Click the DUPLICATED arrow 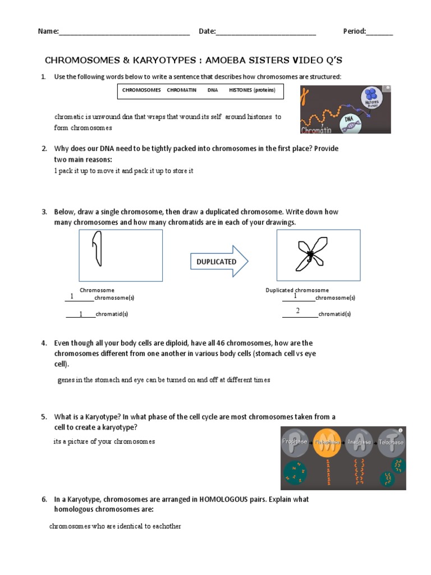click(x=218, y=262)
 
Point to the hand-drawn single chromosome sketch click(x=98, y=250)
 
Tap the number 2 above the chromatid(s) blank click(x=298, y=311)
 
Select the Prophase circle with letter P click(x=296, y=442)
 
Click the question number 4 click(x=43, y=343)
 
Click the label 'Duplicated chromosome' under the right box click(x=297, y=290)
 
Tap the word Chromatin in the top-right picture click(x=316, y=130)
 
